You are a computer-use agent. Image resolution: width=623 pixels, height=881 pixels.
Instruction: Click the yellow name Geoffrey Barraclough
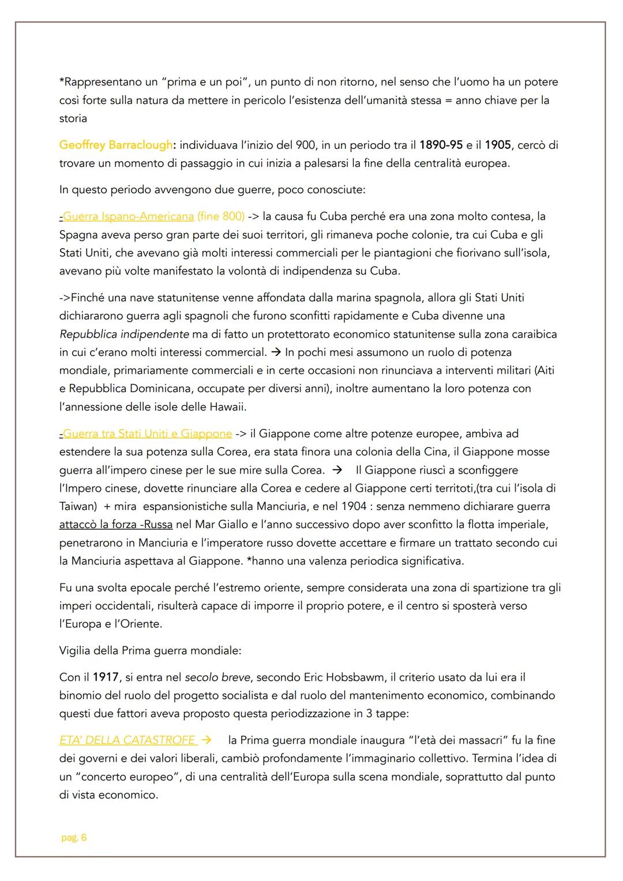coord(115,145)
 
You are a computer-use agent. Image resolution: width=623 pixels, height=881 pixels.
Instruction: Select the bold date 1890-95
coord(441,145)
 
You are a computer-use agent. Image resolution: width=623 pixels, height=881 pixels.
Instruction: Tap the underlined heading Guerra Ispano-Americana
coord(127,216)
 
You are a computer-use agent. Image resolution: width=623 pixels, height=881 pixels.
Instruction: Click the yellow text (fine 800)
coord(220,216)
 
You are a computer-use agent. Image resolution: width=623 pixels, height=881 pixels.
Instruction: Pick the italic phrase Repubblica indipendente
coord(124,334)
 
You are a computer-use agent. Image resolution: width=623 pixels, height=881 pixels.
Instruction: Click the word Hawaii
coord(228,407)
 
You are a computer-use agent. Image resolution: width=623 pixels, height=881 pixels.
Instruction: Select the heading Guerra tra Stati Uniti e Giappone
coord(147,433)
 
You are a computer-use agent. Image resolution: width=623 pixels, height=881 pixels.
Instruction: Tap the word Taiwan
coord(77,506)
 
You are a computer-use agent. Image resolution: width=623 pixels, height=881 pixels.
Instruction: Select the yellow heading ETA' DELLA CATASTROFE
coord(127,740)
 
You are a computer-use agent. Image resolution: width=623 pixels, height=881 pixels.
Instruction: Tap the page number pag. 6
coord(74,838)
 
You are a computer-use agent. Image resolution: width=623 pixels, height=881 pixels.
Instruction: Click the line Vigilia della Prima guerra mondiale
coord(150,650)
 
